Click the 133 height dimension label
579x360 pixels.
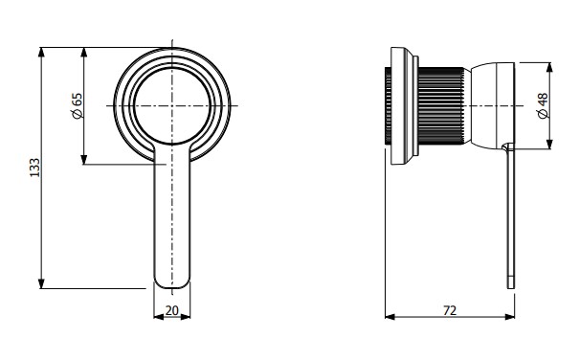[x=34, y=168]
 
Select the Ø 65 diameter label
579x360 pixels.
[x=78, y=105]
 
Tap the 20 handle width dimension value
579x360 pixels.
[x=171, y=310]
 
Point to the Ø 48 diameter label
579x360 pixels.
[x=543, y=105]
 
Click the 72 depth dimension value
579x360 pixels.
[x=450, y=310]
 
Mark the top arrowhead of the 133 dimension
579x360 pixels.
[x=41, y=52]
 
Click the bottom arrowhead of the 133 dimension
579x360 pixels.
[x=41, y=283]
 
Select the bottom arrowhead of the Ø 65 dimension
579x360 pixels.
[x=84, y=159]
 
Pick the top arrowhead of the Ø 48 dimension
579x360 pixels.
[x=550, y=67]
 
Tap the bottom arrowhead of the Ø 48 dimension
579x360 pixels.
[x=550, y=145]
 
